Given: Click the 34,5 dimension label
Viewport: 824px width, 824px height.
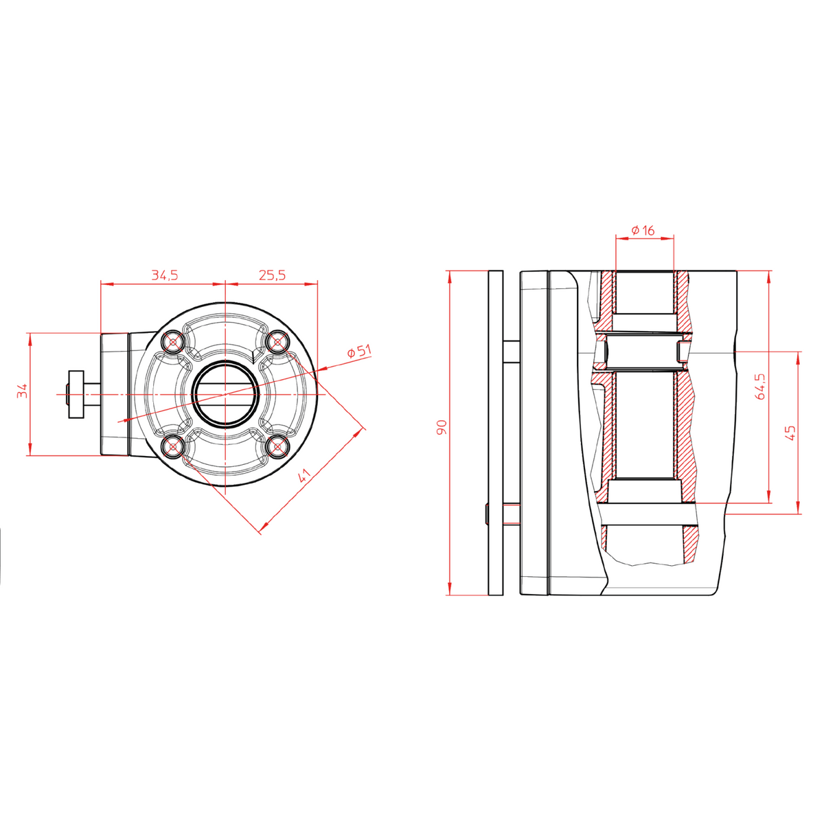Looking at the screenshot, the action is coord(165,275).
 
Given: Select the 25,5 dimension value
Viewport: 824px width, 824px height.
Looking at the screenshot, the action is coord(272,275).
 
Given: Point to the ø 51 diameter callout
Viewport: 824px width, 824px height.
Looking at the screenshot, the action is coord(359,352).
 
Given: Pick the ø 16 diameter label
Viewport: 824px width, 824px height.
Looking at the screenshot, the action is coord(643,231).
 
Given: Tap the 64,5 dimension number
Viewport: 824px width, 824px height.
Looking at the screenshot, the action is coord(760,386).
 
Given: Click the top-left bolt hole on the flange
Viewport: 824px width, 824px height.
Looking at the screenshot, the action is coord(173,341).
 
